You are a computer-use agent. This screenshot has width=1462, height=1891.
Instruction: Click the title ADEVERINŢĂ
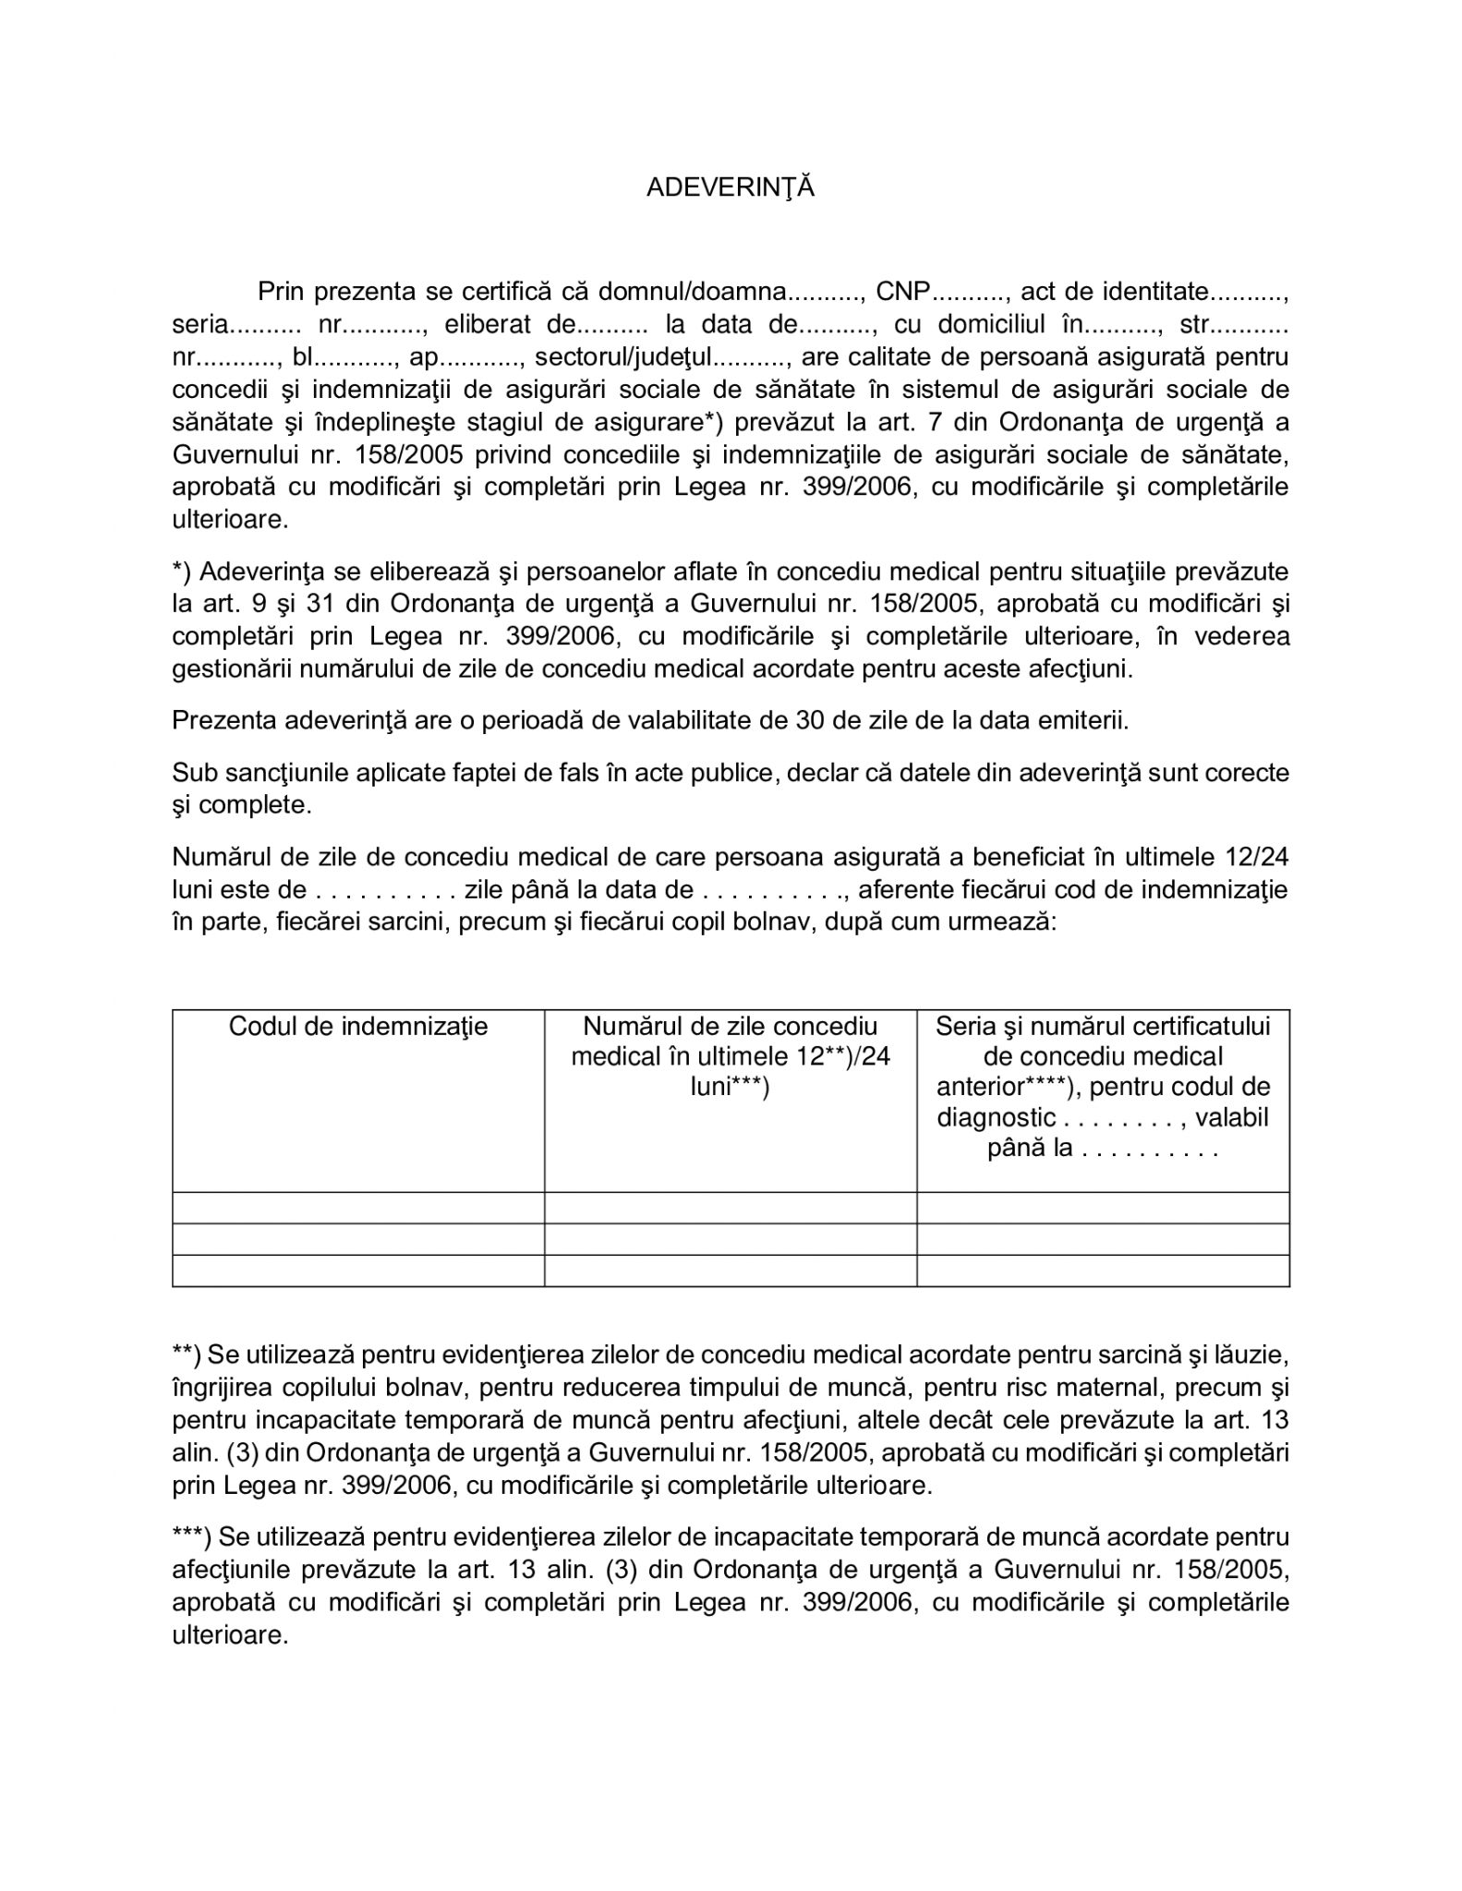[x=731, y=187]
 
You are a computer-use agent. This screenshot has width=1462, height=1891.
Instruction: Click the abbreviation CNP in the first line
[x=901, y=293]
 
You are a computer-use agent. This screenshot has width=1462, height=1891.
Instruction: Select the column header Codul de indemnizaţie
[x=358, y=1027]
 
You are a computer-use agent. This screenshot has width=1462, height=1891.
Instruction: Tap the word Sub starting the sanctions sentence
[x=192, y=772]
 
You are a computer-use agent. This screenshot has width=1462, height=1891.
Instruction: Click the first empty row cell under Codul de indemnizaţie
[x=358, y=1208]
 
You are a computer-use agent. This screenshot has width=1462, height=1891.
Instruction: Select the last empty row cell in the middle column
[x=730, y=1271]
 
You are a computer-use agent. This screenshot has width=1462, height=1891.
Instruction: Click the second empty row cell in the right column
[x=1103, y=1239]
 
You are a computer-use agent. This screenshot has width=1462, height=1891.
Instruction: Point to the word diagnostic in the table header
[x=996, y=1118]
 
